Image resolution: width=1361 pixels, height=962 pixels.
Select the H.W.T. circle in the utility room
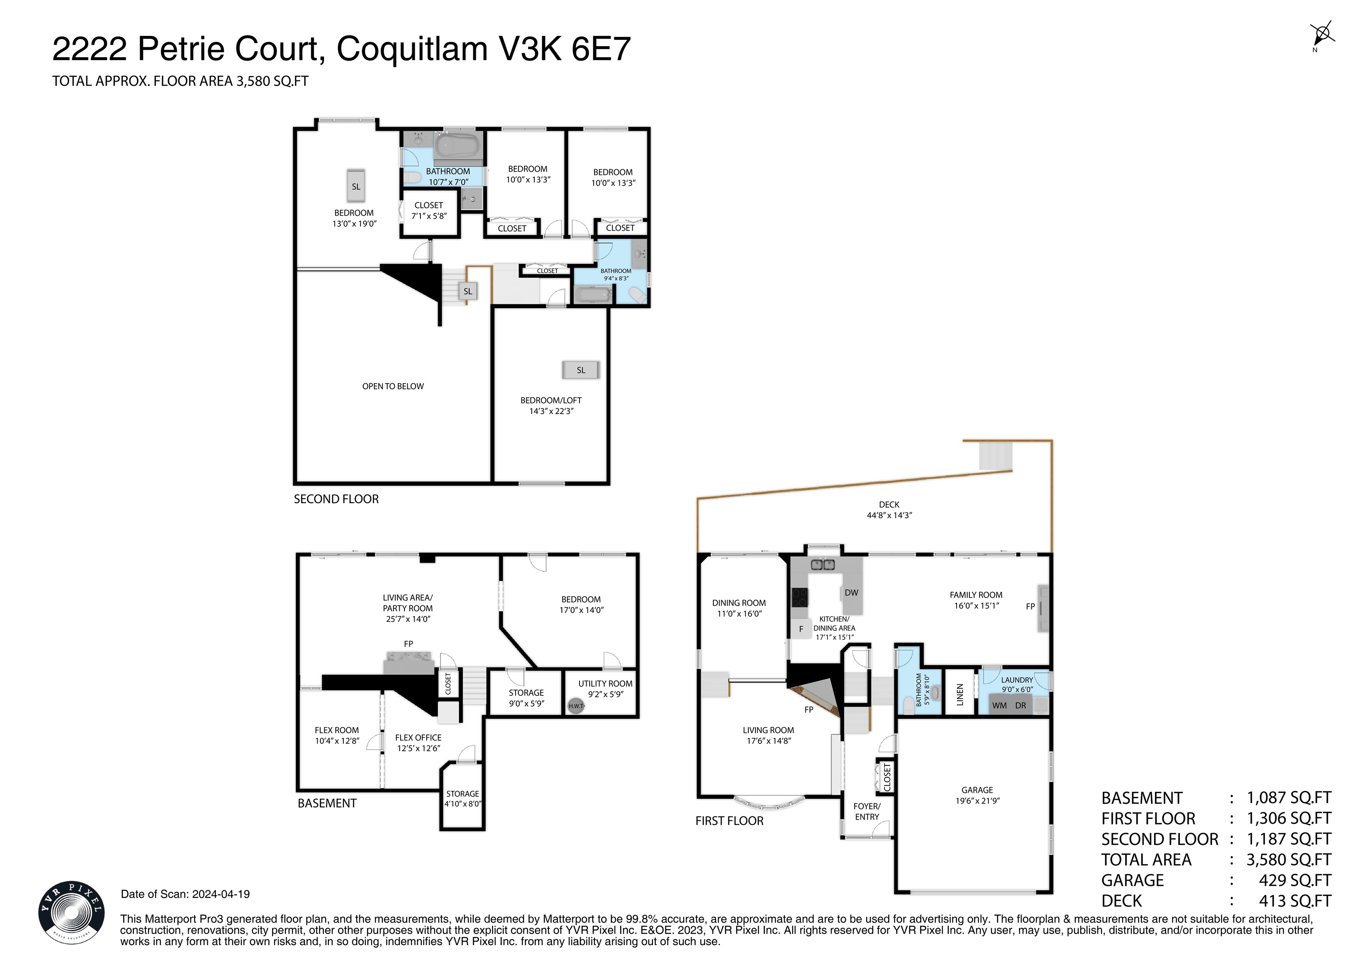coord(576,706)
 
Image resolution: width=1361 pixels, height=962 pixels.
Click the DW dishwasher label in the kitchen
coord(851,592)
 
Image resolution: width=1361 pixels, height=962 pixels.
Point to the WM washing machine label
coord(999,706)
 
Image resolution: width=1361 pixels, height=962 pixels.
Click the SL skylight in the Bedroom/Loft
coord(581,370)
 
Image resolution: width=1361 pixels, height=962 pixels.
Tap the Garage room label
coord(977,790)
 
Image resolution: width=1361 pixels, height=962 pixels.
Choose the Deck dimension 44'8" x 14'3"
coord(889,515)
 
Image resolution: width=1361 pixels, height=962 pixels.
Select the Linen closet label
coord(960,694)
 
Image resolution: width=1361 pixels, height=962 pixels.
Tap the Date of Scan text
coord(186,894)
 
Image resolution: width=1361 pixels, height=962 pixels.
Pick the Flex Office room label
coord(419,737)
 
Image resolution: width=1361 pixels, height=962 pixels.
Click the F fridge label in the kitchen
coord(801,629)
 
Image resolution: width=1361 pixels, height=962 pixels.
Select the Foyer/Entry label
coord(867,811)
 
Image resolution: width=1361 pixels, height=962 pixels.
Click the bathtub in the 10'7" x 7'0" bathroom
coord(457,145)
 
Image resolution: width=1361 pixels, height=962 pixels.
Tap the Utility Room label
coord(605,683)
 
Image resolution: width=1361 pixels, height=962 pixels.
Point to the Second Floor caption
coord(336,499)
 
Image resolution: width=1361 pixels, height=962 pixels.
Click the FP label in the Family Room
coord(1030,606)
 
